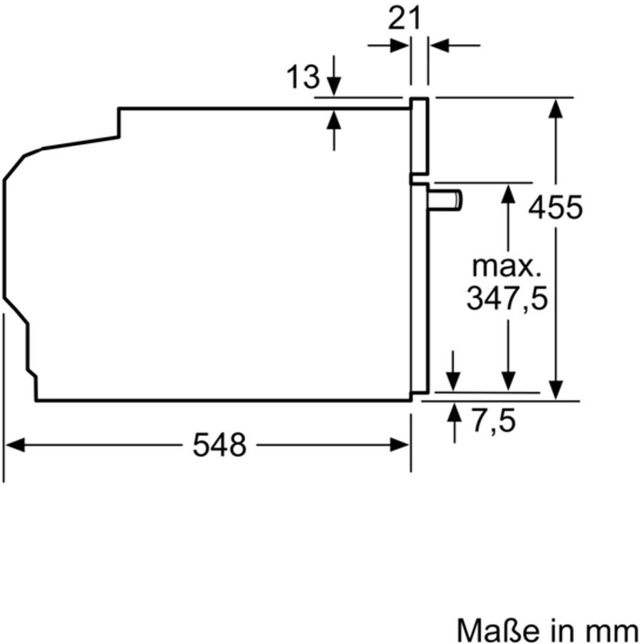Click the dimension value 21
coord(404,19)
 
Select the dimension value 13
coord(303,77)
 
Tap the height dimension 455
coord(555,207)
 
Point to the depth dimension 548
coord(220,444)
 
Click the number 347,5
coord(507,298)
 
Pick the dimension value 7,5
coord(493,420)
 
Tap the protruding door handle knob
coord(445,201)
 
